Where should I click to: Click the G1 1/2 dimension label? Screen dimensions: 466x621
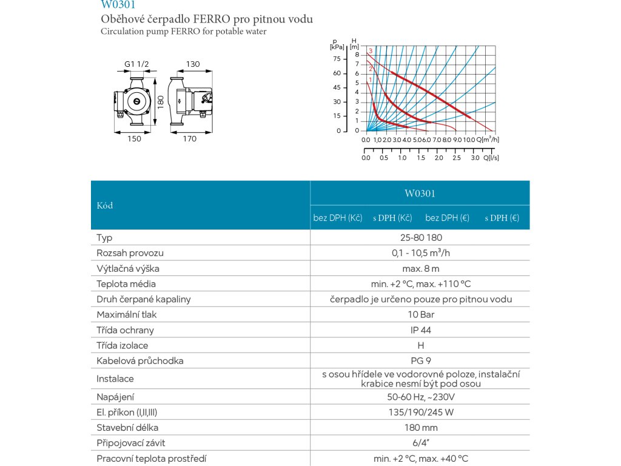tap(136, 64)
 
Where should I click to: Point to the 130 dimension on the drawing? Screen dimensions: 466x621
tap(193, 64)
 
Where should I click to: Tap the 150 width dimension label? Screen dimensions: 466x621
tap(134, 139)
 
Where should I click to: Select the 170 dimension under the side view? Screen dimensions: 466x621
tap(190, 139)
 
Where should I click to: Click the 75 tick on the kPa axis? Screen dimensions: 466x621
tap(337, 59)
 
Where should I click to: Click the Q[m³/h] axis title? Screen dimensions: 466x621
tap(488, 140)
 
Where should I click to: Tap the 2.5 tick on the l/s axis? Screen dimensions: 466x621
tap(457, 158)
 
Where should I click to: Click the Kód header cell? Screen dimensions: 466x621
tap(105, 205)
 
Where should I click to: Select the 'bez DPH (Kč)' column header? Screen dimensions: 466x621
tap(338, 218)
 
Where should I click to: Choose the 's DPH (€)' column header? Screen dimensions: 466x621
tap(502, 218)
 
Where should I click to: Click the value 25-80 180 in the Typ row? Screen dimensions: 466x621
tap(420, 238)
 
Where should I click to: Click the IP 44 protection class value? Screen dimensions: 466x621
tap(420, 330)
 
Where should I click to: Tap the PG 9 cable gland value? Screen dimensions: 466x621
tap(420, 361)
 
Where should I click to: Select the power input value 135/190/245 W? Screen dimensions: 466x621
tap(420, 413)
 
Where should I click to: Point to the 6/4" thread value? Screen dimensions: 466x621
tap(420, 444)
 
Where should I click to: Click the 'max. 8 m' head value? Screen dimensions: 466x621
tap(420, 268)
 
